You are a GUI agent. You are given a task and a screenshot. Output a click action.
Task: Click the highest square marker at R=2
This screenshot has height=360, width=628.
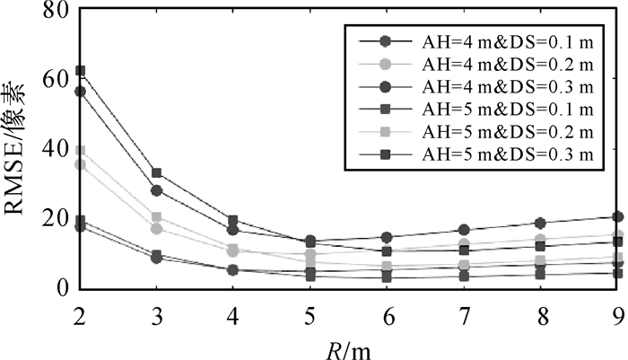pos(80,71)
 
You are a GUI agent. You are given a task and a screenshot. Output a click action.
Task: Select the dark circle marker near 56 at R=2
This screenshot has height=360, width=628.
pos(80,92)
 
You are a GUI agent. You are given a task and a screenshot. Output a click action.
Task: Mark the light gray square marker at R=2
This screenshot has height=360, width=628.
pos(80,151)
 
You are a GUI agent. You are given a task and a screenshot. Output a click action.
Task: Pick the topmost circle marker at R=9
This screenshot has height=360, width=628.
pos(618,216)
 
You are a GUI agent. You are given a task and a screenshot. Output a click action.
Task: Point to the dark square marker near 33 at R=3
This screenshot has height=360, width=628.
pos(157,172)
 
